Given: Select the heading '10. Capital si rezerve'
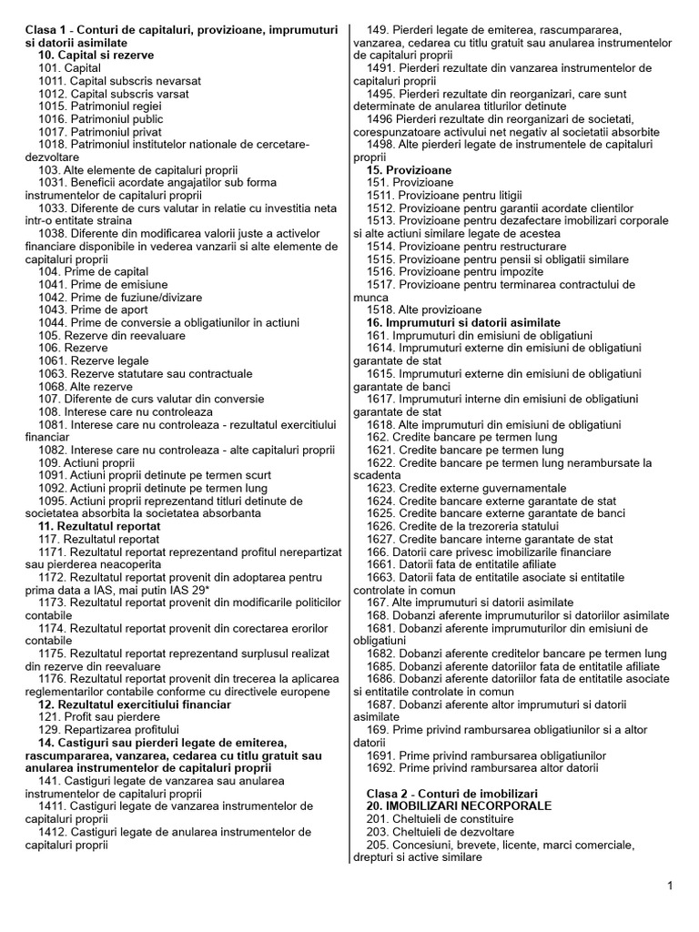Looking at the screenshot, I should coord(95,55).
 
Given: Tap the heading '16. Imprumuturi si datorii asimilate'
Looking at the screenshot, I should coord(463,323).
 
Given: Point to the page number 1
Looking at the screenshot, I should coord(670,886).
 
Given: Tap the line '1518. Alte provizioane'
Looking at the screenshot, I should coord(424,310).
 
